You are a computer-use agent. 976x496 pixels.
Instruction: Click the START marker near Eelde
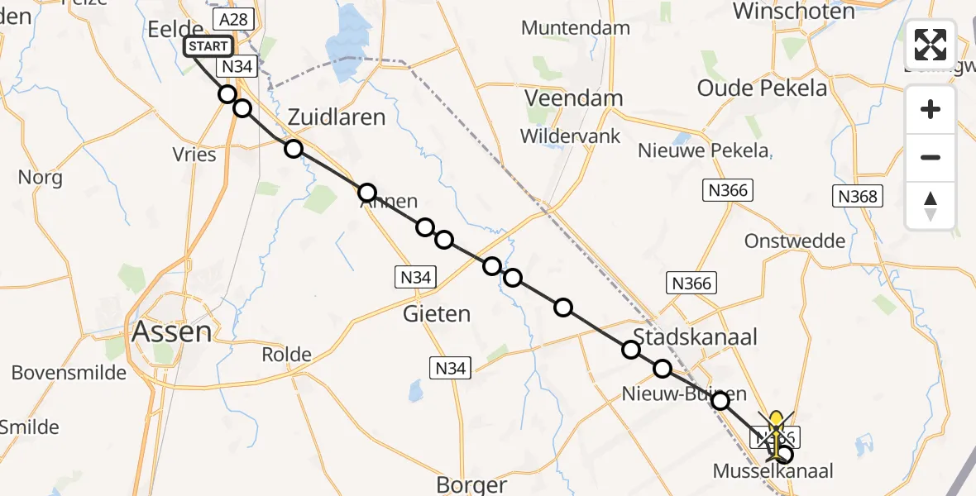[208, 46]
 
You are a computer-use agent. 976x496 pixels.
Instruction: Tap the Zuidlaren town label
[337, 117]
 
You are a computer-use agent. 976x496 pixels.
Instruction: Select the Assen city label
[172, 332]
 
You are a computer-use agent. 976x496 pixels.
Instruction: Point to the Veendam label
[574, 98]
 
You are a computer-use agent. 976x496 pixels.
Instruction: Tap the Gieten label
[437, 314]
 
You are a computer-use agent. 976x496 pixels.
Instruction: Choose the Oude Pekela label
[762, 88]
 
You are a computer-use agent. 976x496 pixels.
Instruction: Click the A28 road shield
[232, 17]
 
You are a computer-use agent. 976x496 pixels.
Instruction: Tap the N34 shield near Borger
[450, 368]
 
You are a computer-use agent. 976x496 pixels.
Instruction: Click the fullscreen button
[931, 44]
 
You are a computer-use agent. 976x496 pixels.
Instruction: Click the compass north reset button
[931, 206]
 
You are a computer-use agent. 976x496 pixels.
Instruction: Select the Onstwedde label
[795, 241]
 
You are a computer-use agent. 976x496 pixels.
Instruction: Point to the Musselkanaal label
[773, 471]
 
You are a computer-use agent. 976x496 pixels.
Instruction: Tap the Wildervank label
[570, 136]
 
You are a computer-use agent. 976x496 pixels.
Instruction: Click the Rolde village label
[286, 355]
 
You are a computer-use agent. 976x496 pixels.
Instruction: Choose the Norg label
[40, 178]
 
